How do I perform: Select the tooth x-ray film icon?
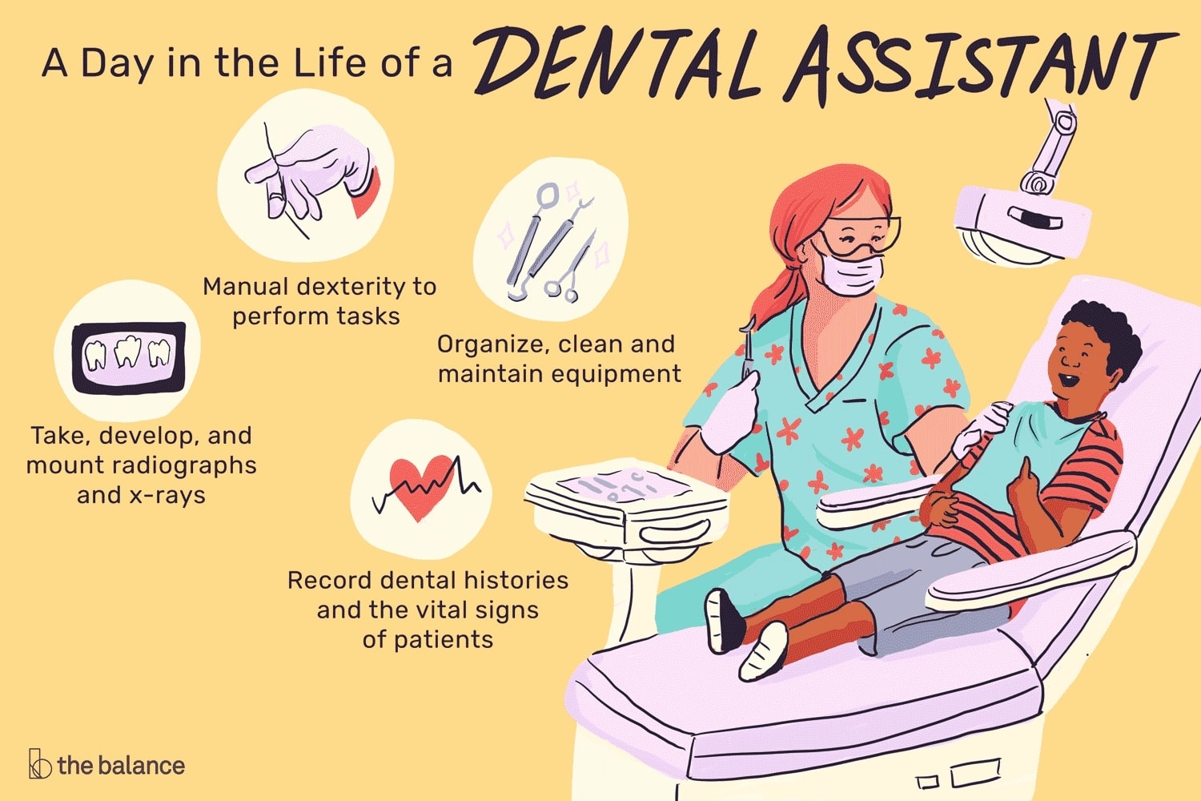[129, 357]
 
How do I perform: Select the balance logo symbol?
[40, 763]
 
